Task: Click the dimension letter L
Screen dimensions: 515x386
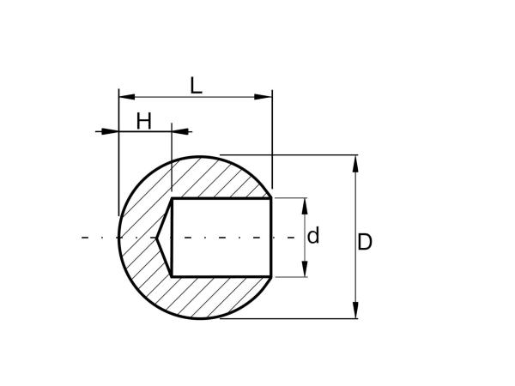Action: point(196,86)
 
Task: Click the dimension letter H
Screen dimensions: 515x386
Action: point(144,121)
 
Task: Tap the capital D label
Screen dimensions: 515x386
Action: point(365,242)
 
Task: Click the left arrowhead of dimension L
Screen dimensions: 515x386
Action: point(127,97)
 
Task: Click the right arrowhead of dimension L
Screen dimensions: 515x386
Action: point(264,97)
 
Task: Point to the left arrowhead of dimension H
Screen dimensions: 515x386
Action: point(110,131)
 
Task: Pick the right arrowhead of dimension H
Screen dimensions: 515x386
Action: point(180,131)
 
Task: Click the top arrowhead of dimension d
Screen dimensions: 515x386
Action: point(305,207)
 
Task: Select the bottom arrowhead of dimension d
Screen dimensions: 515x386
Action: point(305,268)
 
